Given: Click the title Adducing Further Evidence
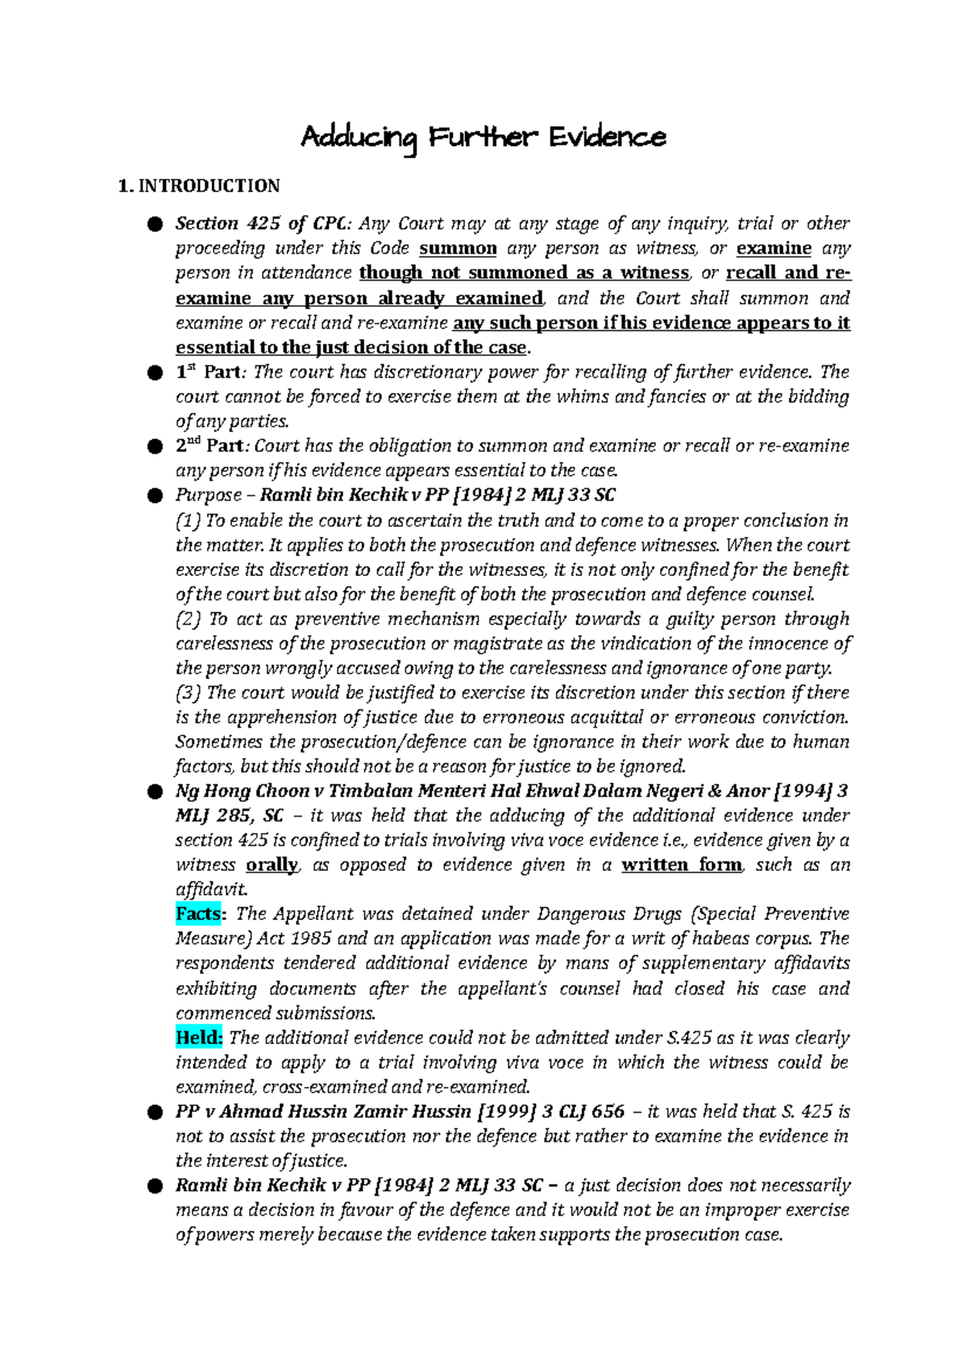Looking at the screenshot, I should click(483, 139).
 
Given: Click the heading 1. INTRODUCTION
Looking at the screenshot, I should click(198, 186).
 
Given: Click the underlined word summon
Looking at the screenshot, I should click(458, 248).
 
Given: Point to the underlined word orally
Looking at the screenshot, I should click(272, 864).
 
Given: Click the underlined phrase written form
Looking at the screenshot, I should click(682, 864).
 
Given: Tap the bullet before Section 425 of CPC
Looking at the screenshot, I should click(154, 224).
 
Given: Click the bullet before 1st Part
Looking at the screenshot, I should click(154, 373).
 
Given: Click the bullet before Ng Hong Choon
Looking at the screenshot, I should click(154, 792).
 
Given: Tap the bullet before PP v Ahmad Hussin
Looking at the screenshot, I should click(154, 1113).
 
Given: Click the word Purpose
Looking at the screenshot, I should click(209, 495).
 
